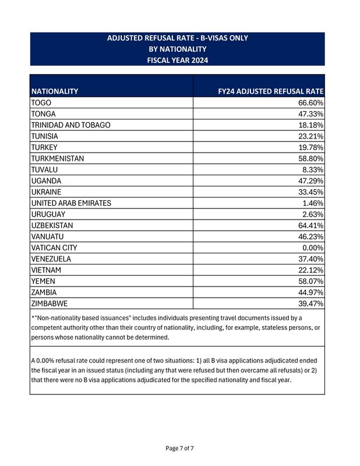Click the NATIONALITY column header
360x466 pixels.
[x=55, y=91]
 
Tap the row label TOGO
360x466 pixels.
[x=41, y=103]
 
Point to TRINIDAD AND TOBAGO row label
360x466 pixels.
[x=70, y=125]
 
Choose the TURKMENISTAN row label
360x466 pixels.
[x=58, y=158]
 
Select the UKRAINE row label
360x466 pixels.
[x=46, y=191]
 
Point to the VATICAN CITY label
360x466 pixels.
[x=54, y=247]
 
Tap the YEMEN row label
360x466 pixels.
[x=44, y=281]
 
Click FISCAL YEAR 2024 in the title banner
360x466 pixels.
[x=177, y=59]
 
